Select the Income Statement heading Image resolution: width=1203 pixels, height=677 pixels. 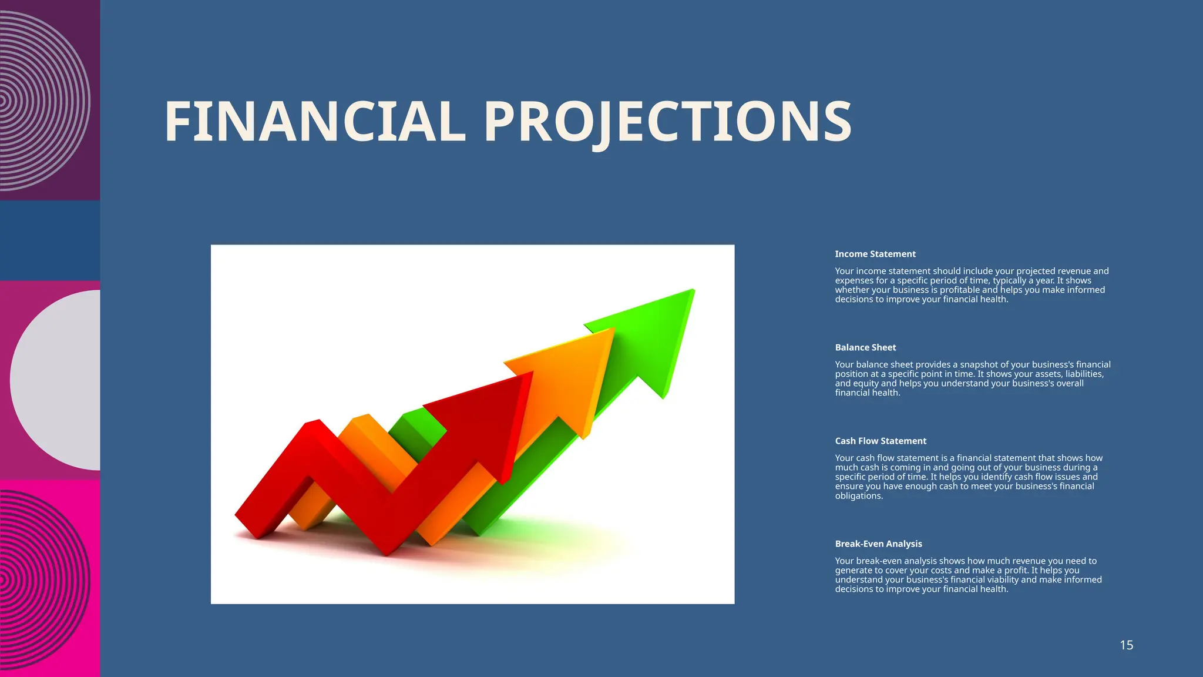coord(875,254)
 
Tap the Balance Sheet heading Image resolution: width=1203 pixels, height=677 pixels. coord(865,347)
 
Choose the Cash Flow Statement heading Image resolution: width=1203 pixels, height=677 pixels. coord(881,441)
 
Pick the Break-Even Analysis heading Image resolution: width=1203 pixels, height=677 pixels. coord(878,544)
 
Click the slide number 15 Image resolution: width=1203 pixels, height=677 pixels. coord(1126,645)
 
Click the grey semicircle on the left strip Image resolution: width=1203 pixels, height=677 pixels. coord(59,380)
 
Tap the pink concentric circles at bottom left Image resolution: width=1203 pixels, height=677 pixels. coord(44,579)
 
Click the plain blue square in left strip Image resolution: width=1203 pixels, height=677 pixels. coord(50,241)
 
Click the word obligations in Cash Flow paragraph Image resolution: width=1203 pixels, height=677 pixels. coord(859,496)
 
